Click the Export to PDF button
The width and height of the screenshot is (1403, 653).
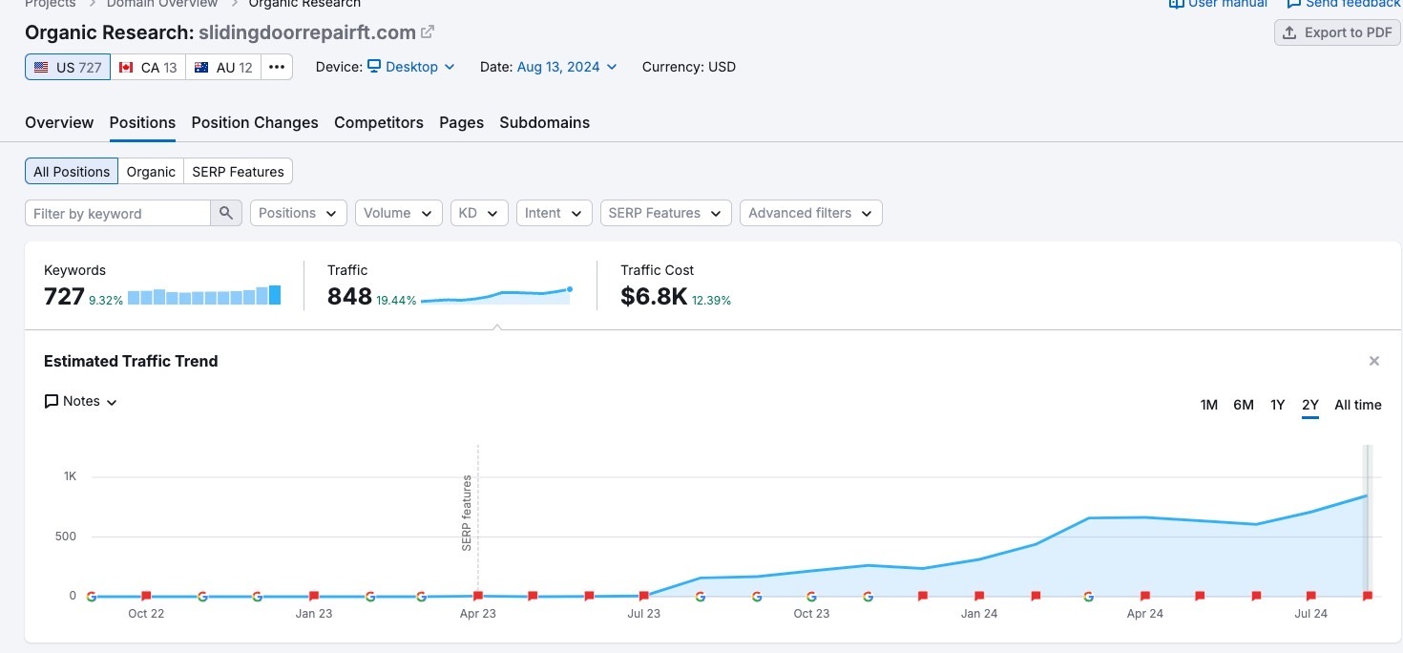(1337, 32)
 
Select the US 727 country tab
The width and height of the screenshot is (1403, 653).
(68, 67)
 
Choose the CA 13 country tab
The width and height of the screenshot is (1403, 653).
(148, 67)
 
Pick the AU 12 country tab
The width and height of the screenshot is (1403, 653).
(223, 67)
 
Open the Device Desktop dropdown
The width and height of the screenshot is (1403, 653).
(411, 67)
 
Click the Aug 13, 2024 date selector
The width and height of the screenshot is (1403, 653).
(567, 67)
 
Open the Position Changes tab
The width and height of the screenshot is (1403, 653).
(255, 122)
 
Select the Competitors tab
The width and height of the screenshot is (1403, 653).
(379, 122)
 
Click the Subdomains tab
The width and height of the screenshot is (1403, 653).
(544, 122)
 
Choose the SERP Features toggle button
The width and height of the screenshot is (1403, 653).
(238, 172)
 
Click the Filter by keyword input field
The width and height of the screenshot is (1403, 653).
(117, 213)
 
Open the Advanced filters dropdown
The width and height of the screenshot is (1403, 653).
(810, 213)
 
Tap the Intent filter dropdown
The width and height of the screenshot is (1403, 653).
(554, 213)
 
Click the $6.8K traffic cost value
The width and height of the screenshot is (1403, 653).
(654, 297)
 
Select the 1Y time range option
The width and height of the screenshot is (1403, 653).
(1277, 405)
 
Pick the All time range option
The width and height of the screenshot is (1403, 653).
(1357, 405)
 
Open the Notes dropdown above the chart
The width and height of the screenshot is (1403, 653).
(81, 402)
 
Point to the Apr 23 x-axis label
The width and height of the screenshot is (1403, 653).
(477, 614)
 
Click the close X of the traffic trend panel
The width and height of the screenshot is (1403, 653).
(1374, 361)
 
